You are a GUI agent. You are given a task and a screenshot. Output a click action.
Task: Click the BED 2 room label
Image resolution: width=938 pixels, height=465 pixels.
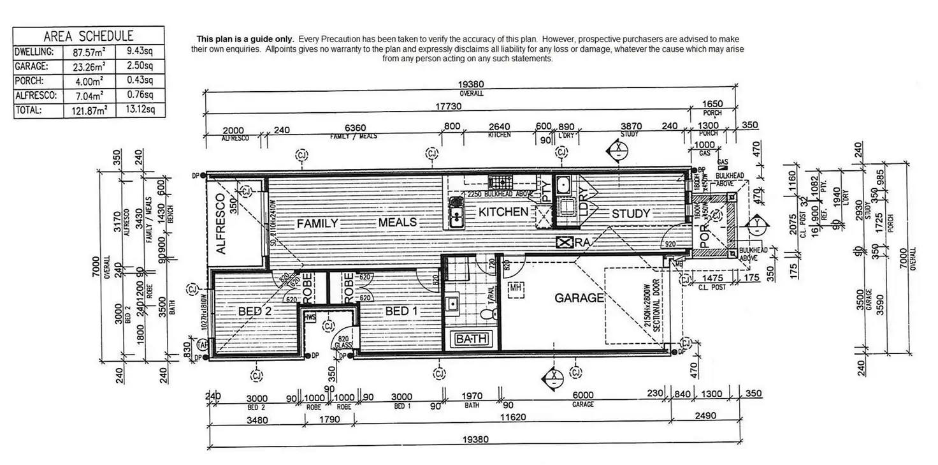tap(255, 311)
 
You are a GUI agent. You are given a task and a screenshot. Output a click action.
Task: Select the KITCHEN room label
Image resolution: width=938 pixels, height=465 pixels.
tap(503, 212)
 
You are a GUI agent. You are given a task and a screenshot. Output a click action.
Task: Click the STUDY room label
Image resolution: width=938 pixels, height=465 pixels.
tap(631, 214)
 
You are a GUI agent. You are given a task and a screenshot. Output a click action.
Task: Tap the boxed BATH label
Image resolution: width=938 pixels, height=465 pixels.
tap(472, 339)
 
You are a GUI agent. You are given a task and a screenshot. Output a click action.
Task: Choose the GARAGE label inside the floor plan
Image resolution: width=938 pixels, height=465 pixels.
tap(579, 298)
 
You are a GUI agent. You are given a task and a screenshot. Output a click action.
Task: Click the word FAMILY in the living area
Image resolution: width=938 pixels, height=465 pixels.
tap(317, 223)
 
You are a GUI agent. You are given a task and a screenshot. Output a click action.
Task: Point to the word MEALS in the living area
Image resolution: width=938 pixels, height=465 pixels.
tap(398, 223)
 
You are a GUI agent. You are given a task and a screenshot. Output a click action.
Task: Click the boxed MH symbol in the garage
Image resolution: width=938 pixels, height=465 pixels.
tap(515, 288)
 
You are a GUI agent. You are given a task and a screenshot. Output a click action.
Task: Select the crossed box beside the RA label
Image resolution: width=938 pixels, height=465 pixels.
tap(564, 242)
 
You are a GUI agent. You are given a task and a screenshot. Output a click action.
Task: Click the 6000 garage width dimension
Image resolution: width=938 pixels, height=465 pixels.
tap(582, 395)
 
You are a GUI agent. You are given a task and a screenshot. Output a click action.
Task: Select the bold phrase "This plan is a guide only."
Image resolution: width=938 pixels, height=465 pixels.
tap(245, 40)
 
